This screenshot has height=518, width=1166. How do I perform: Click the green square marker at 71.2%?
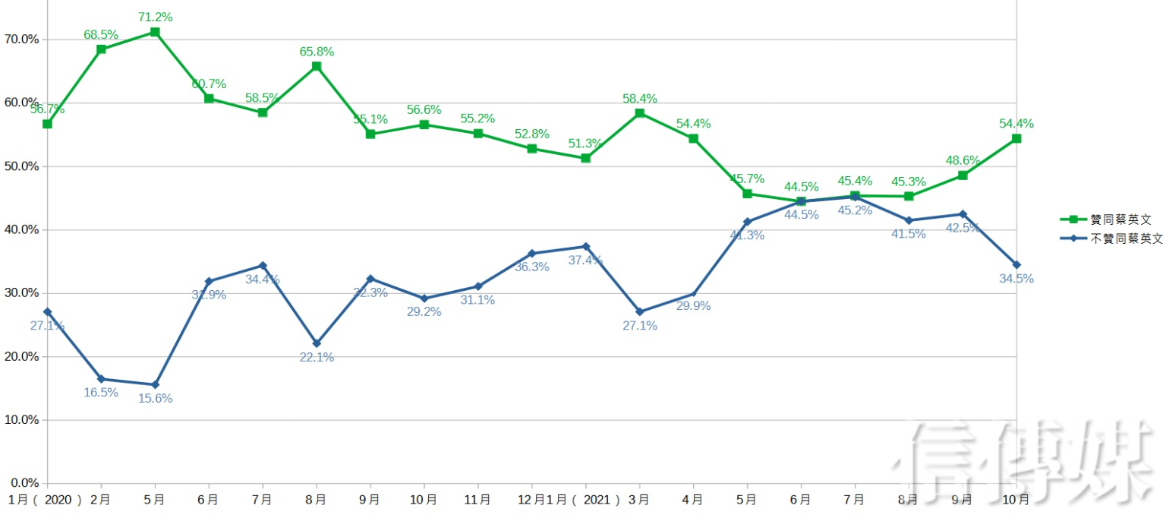pos(155,32)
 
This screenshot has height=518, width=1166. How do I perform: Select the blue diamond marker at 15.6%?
pos(155,384)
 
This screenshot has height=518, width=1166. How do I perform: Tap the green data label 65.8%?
pos(317,52)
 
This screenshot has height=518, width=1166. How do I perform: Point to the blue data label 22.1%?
pos(317,357)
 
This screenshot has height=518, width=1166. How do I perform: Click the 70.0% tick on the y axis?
pos(21,39)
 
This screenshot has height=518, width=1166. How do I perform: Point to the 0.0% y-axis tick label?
pos(24,483)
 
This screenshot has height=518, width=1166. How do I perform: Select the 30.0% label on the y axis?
pos(21,293)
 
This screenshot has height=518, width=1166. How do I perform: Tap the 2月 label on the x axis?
pos(100,500)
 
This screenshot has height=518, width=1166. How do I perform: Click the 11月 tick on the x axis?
pos(477,500)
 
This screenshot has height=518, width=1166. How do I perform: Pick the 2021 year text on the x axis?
pos(598,500)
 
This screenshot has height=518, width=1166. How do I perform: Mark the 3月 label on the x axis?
pos(638,500)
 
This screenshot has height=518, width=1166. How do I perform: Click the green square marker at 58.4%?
pos(640,113)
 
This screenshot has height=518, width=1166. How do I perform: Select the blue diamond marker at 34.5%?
pos(1016,264)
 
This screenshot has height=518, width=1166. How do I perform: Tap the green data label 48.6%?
pos(963,160)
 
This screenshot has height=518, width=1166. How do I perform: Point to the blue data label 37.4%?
pos(585,260)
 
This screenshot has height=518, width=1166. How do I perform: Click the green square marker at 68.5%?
pos(101,49)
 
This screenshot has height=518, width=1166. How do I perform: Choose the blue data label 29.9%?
pos(693,306)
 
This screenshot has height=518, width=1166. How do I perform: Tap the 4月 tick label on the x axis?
pos(692,500)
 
